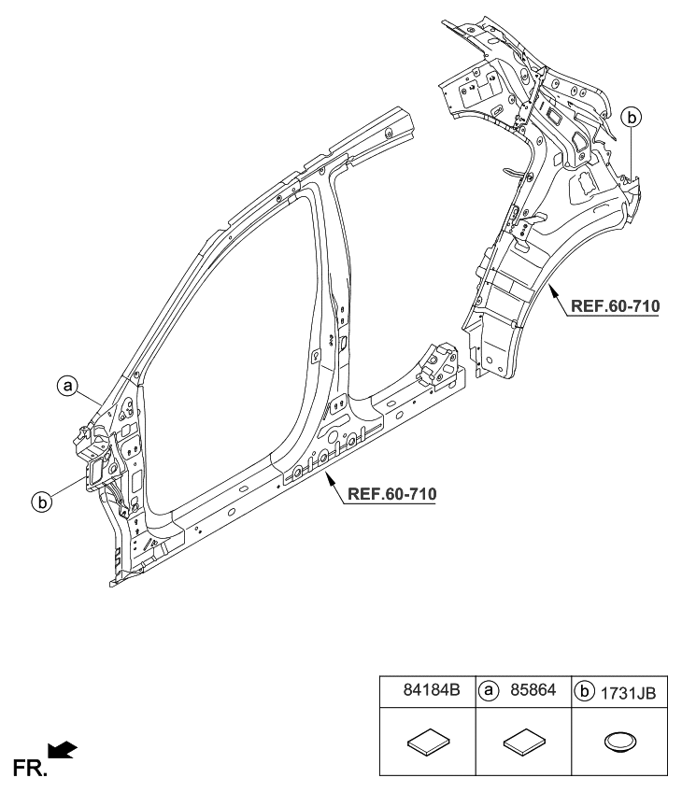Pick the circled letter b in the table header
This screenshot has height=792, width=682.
pos(585,692)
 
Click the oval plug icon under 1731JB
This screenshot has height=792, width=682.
pos(618,742)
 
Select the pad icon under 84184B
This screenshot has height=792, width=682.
pos(427,742)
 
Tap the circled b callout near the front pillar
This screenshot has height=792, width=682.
pos(41,502)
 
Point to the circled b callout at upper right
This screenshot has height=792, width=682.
pos(632,117)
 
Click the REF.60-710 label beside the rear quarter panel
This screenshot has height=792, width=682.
pos(614,305)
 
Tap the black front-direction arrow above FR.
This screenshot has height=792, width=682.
pos(63,747)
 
